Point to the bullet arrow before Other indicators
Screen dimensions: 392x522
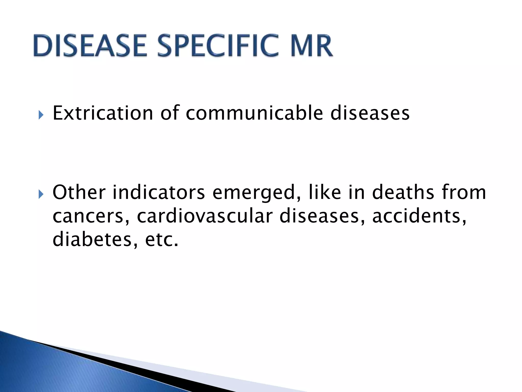pos(41,194)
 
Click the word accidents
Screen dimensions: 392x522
pos(419,216)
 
